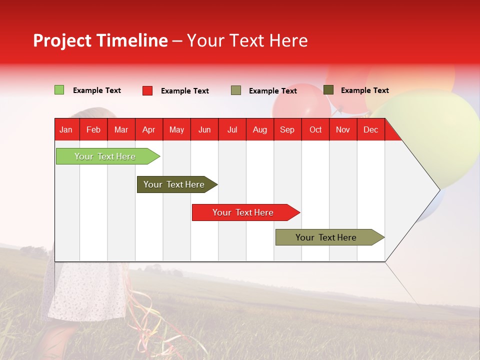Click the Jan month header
66,129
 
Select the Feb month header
93,129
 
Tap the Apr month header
148,129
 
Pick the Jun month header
204,129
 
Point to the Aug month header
259,129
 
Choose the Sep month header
287,129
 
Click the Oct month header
315,129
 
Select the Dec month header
370,129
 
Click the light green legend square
59,90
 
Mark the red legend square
147,90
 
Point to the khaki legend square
236,90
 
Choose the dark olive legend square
328,90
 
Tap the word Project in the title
62,40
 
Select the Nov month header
342,129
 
